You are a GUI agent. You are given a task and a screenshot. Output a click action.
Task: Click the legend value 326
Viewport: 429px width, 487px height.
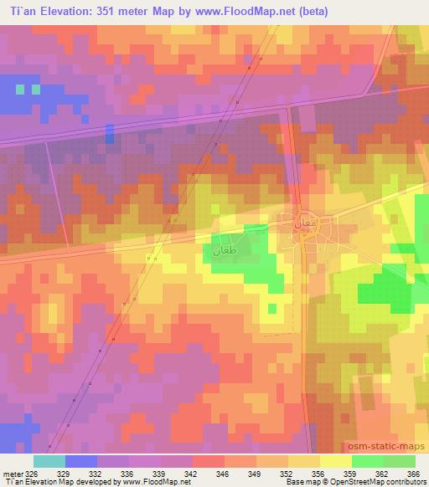point(30,473)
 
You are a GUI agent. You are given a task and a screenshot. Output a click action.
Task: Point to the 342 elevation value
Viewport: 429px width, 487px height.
point(193,473)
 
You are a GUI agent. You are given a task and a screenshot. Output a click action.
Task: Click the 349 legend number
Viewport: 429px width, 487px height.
point(256,473)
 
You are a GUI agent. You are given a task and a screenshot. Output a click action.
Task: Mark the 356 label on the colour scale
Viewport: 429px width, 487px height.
point(320,473)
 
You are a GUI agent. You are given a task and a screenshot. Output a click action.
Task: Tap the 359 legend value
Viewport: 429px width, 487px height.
point(351,473)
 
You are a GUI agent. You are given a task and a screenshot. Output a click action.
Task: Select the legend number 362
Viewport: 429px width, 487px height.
point(383,473)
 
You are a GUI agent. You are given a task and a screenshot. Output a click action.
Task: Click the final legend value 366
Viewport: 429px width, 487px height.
point(413,473)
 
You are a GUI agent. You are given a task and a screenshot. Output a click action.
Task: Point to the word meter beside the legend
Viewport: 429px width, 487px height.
point(13,473)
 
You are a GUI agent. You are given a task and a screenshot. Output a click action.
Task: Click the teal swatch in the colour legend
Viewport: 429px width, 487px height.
point(49,461)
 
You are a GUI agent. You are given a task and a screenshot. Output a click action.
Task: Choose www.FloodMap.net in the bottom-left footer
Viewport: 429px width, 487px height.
point(156,482)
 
